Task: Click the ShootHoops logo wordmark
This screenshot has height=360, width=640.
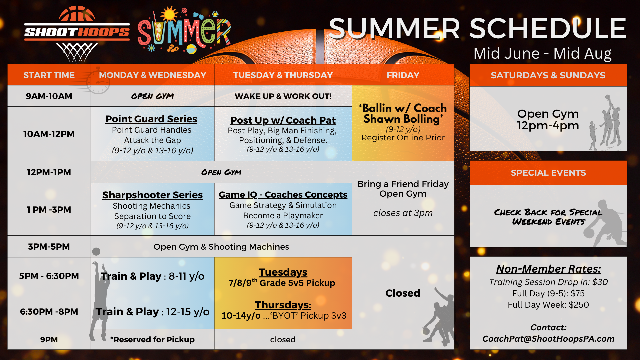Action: click(x=77, y=32)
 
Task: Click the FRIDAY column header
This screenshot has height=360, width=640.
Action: click(x=403, y=75)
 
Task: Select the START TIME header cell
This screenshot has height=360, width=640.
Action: click(x=49, y=75)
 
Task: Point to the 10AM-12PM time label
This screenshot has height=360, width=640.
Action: click(x=49, y=134)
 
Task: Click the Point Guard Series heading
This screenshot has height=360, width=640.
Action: click(x=151, y=119)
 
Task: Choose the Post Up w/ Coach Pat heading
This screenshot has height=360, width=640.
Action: click(x=283, y=120)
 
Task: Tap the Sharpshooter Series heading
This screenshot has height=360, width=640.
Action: click(x=152, y=195)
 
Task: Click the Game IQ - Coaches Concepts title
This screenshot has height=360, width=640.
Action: click(x=283, y=195)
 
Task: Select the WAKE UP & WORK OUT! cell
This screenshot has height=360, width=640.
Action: click(x=283, y=96)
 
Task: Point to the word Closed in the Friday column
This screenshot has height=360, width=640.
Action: click(x=403, y=293)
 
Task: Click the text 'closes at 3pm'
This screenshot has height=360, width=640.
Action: click(x=403, y=213)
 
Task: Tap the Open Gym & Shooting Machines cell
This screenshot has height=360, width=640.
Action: click(x=221, y=247)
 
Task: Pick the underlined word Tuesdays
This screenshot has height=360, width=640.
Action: click(x=283, y=272)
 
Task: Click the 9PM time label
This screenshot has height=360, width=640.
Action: click(x=49, y=340)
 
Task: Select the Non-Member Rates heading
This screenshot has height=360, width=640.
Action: click(x=548, y=269)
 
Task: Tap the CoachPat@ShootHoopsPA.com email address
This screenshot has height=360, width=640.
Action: click(x=548, y=339)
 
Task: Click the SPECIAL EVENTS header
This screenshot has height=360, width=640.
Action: click(x=548, y=173)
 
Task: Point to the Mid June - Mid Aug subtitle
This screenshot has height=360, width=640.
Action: click(x=543, y=53)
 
